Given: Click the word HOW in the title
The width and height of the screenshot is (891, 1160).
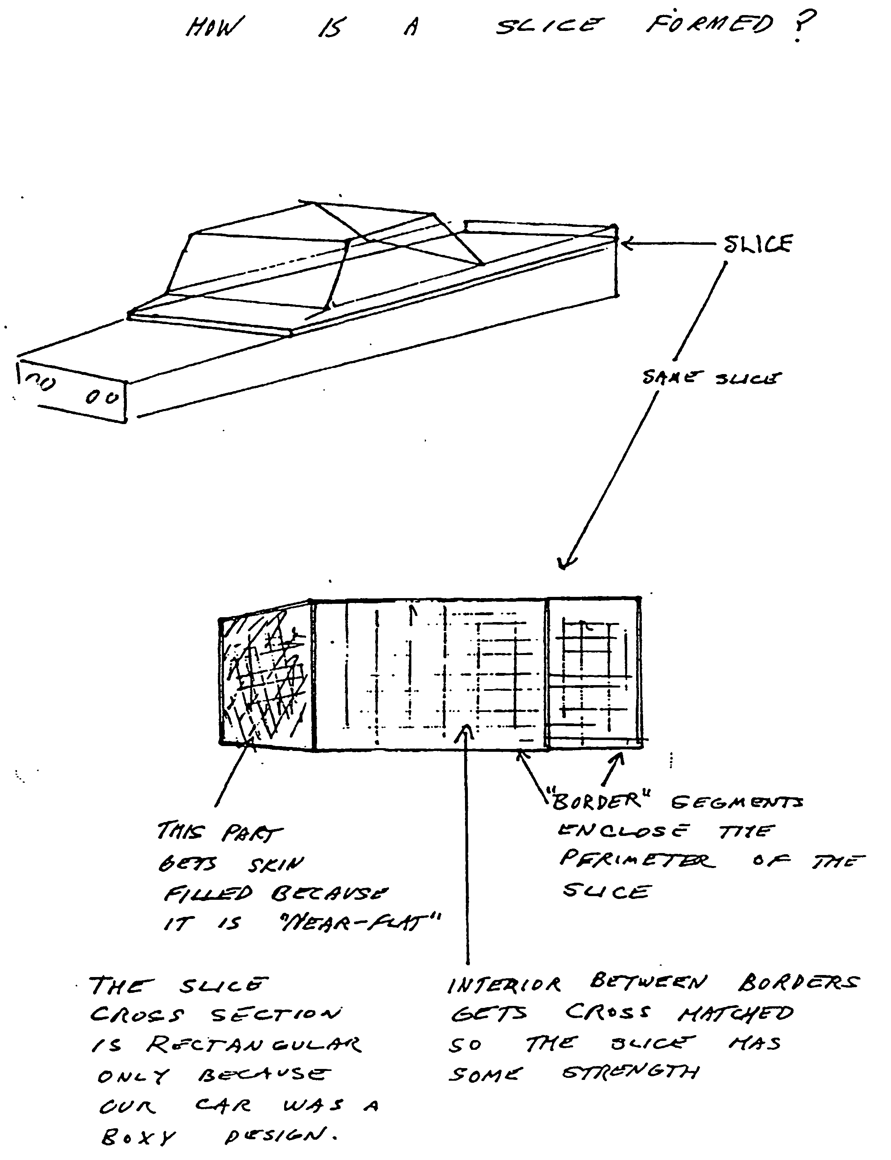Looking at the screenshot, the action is point(215,26).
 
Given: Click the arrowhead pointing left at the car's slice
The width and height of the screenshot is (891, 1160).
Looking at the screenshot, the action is point(626,244).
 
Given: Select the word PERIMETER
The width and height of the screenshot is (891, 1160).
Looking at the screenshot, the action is point(637,860).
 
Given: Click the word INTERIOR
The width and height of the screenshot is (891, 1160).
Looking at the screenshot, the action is point(504,984).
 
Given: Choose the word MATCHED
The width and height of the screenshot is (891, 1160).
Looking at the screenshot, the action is point(735,1014).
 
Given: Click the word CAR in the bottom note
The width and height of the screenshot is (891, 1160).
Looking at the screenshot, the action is point(223,1106).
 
